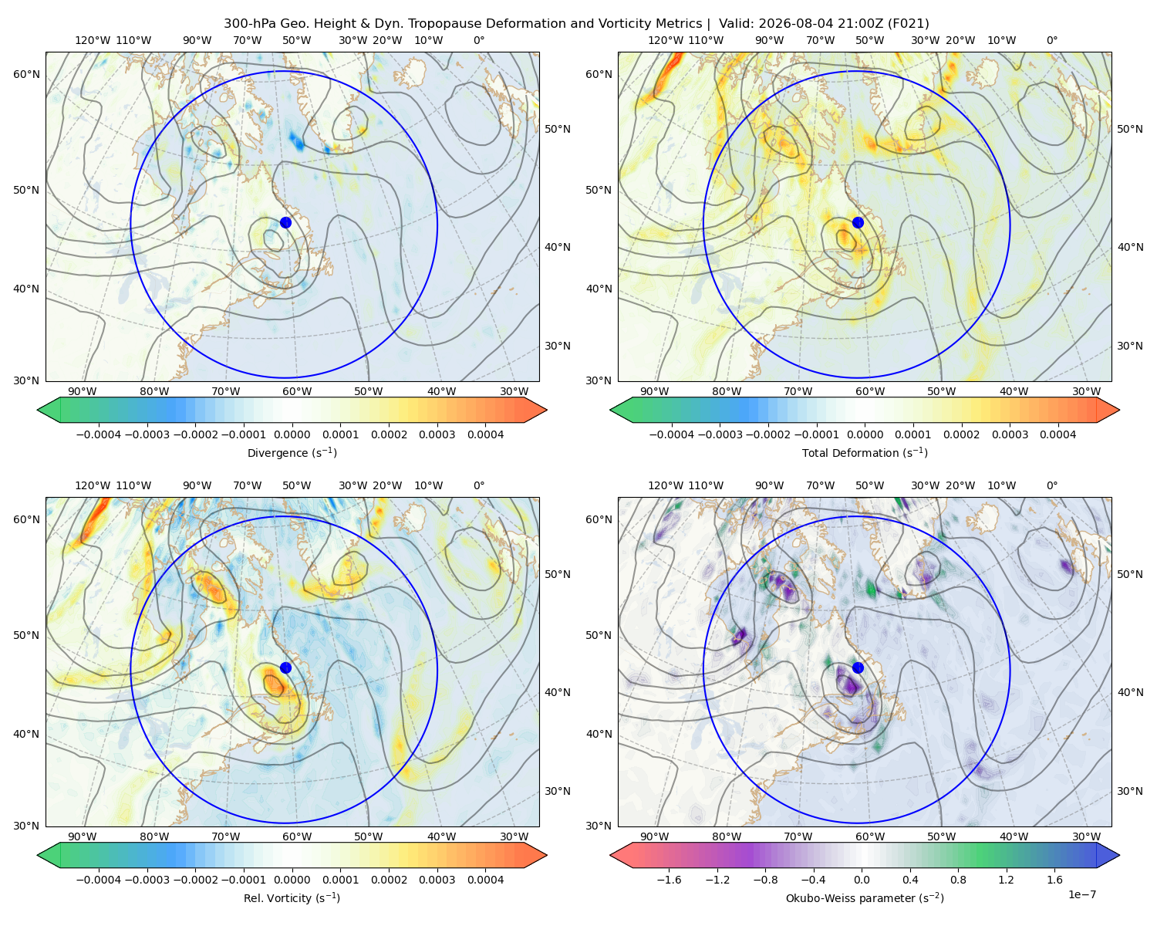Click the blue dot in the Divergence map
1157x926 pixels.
click(x=285, y=222)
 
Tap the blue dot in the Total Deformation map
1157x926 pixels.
click(x=858, y=222)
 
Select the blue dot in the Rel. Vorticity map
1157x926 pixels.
click(x=285, y=667)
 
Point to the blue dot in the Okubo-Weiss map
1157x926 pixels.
click(x=858, y=667)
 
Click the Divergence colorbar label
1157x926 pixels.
click(x=292, y=452)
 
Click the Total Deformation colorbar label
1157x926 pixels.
click(x=865, y=452)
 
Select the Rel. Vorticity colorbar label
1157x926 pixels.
click(x=292, y=897)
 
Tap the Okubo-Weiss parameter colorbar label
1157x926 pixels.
click(x=865, y=897)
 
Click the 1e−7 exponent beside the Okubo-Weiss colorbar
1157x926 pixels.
click(x=1081, y=894)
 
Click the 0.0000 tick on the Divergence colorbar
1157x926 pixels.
click(x=292, y=434)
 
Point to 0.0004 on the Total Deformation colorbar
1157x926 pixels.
click(x=1057, y=434)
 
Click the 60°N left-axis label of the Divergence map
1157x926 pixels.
click(x=26, y=74)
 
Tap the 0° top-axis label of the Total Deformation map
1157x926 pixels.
click(x=1052, y=40)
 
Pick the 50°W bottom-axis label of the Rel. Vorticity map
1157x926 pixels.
click(x=368, y=836)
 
